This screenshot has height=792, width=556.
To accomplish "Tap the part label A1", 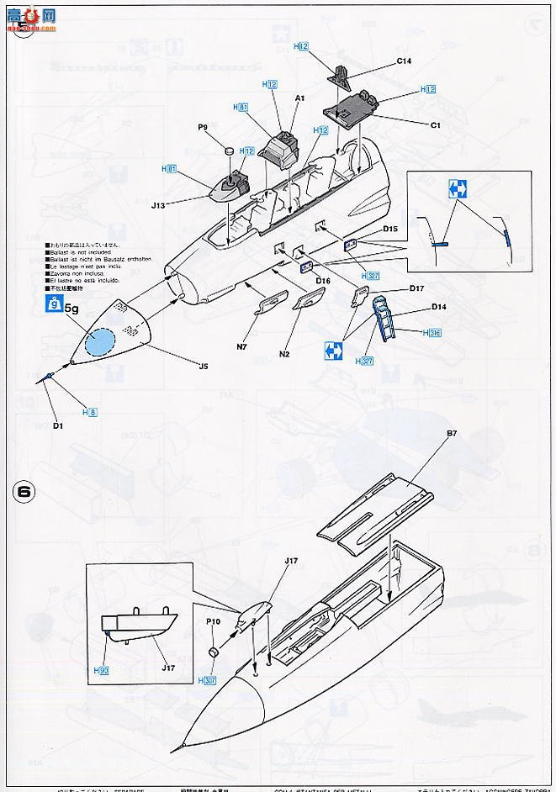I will pos(299,98).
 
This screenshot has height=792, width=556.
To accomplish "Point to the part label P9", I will pos(203,127).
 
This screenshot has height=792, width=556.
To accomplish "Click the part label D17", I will pos(416,288).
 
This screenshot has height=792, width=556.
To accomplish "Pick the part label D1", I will pos(58,426).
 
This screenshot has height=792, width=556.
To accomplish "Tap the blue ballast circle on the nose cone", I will pos(101,342).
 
